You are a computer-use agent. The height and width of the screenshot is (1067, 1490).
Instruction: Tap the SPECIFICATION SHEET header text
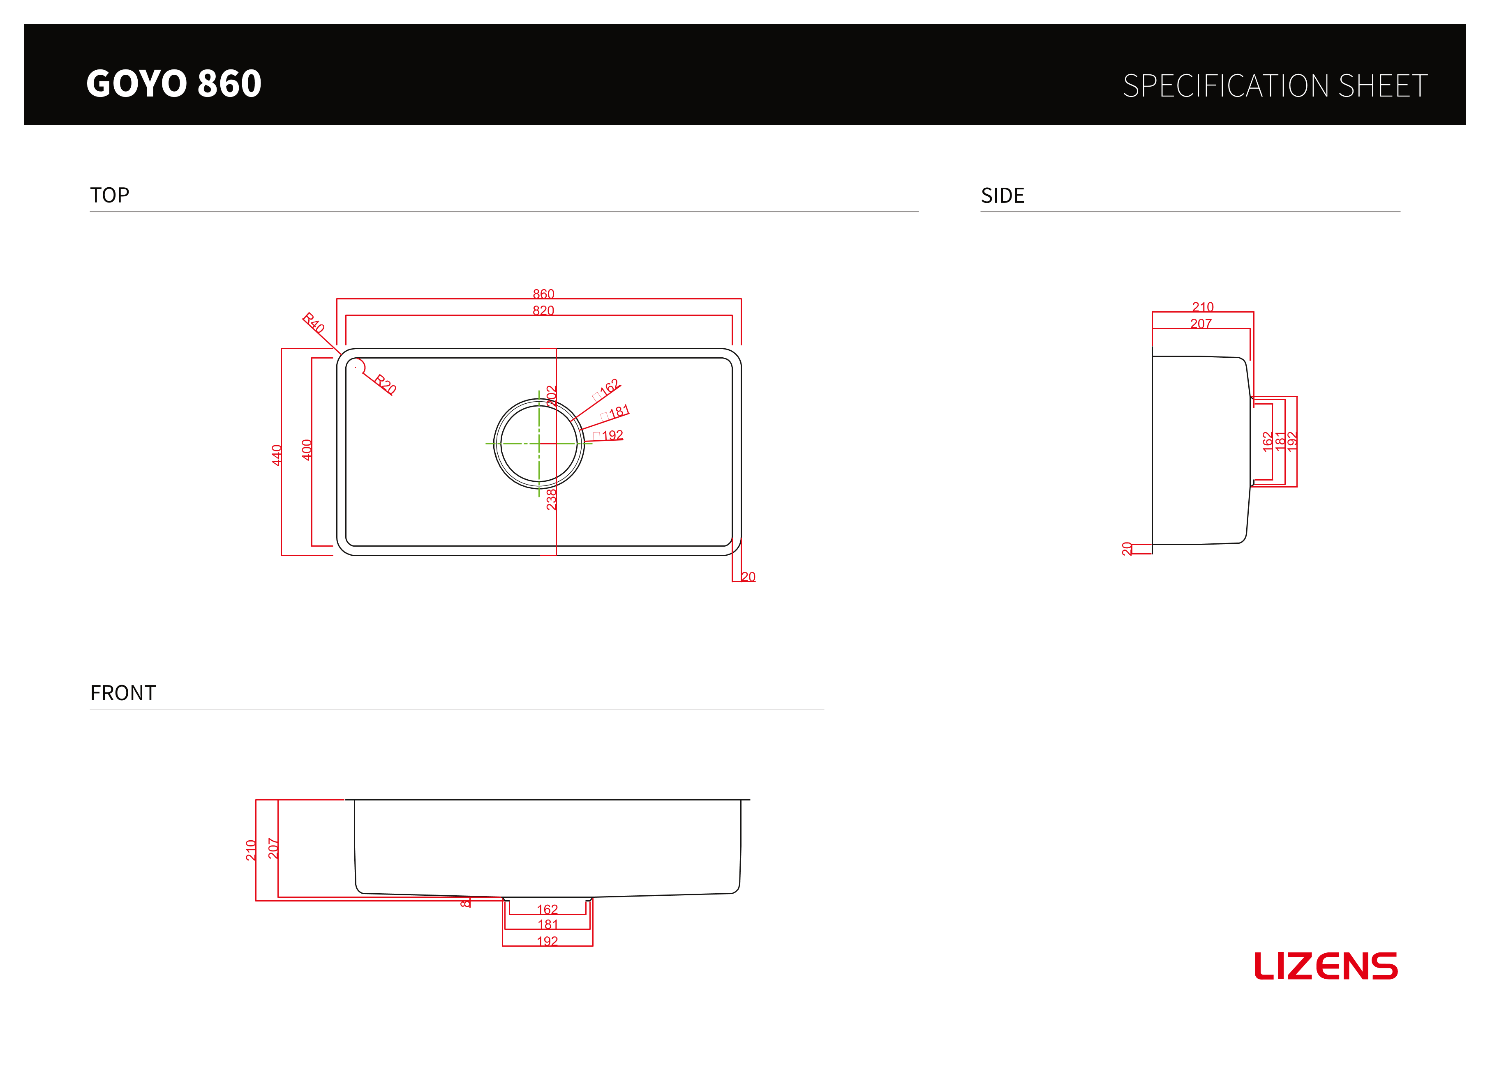point(1275,86)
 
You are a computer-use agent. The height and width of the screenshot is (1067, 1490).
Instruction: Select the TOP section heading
point(110,195)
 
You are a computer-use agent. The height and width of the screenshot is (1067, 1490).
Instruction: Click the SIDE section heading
point(1003,195)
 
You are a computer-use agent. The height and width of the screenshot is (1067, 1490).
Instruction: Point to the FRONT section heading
point(123,693)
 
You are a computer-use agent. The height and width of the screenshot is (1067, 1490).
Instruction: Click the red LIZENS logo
point(1326,966)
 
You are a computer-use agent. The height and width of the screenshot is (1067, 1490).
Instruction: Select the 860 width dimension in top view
point(543,294)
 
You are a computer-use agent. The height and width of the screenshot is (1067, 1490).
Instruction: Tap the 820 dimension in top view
point(543,310)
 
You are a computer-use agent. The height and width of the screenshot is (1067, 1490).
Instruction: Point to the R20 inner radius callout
point(385,384)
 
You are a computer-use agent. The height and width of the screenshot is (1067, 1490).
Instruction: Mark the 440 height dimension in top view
point(277,455)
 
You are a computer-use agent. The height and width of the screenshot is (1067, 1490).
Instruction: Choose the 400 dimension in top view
point(307,450)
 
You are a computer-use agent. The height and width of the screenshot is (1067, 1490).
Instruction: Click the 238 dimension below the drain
point(551,499)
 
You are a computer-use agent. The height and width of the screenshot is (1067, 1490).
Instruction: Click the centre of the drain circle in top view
point(539,444)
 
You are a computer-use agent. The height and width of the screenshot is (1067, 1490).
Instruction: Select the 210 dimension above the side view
point(1203,307)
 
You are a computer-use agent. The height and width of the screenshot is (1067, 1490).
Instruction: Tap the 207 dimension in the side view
point(1201,323)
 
